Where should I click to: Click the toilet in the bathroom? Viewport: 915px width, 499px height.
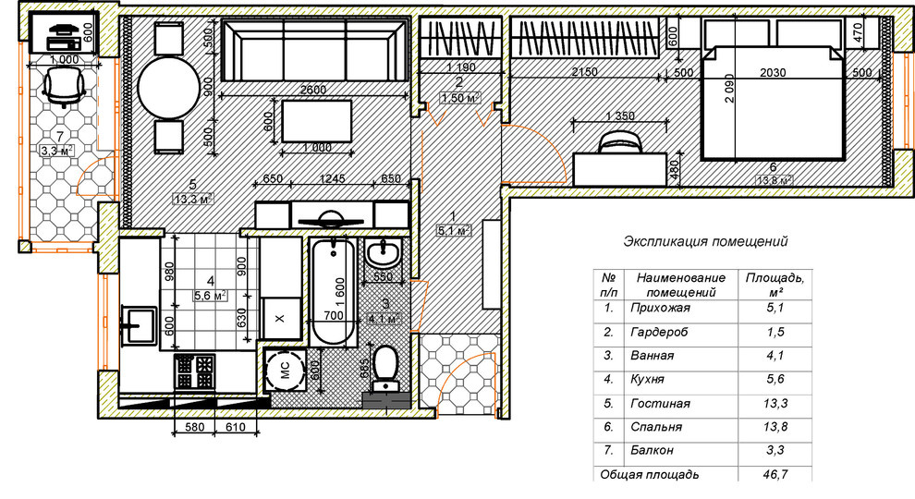point(385,368)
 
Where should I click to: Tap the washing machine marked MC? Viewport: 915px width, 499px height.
point(284,370)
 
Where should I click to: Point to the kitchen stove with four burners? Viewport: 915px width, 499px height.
point(195,371)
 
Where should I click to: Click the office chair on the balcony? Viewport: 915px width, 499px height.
point(64,86)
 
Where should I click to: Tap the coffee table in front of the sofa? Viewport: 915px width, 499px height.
point(317,121)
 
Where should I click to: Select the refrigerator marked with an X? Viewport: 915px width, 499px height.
point(281,318)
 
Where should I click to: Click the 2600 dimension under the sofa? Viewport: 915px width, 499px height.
point(313,90)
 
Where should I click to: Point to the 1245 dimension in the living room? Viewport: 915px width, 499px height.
point(332,178)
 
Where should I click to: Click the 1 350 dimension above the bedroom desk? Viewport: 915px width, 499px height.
point(620,116)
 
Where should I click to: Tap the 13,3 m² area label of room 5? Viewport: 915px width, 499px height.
point(193,200)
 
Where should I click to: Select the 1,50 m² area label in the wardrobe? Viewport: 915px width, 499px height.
point(460,97)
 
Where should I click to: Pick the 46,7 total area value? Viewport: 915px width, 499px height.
point(775,474)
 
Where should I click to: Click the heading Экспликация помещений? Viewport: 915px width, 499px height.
point(705,241)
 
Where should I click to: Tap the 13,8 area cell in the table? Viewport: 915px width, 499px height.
point(775,427)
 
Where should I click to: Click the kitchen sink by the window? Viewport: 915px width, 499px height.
point(139,325)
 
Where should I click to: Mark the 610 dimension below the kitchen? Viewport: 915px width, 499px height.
point(235,427)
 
